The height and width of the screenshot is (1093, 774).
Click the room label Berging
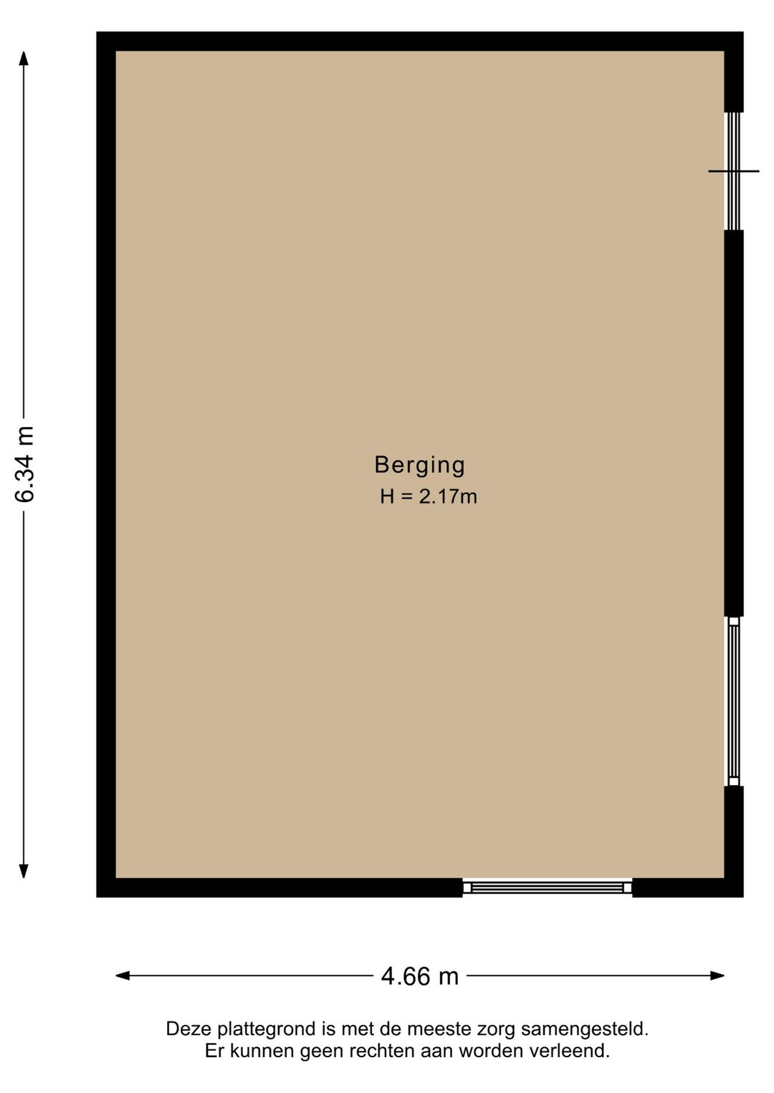(x=419, y=465)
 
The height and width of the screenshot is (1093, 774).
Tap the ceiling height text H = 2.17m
(x=428, y=496)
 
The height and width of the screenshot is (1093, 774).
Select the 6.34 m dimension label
(x=25, y=464)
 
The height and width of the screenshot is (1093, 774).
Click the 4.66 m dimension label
(x=419, y=976)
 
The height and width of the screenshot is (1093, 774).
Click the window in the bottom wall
(x=547, y=887)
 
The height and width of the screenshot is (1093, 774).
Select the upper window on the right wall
(x=733, y=170)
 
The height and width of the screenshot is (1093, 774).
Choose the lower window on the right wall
(x=733, y=701)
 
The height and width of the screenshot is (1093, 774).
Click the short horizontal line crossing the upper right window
(x=733, y=171)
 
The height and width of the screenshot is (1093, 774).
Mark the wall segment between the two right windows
(x=733, y=423)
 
